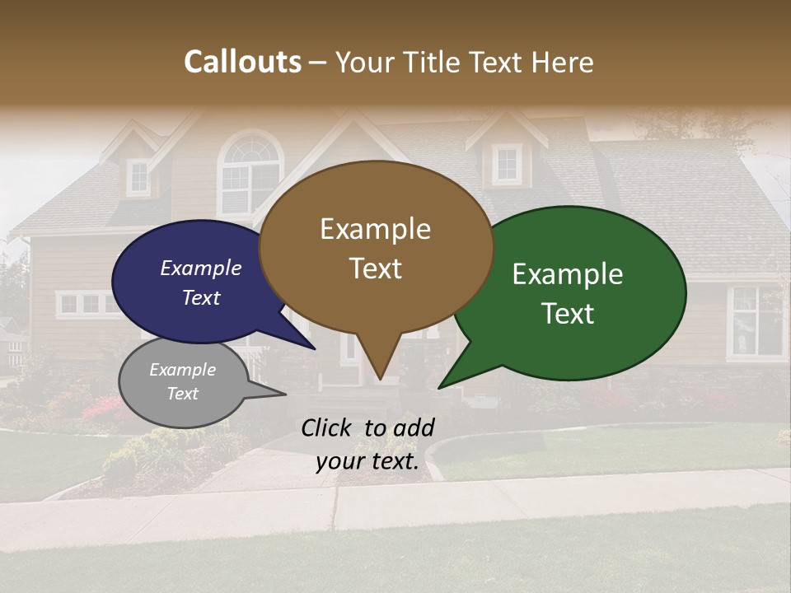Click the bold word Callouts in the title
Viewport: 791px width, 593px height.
click(x=242, y=62)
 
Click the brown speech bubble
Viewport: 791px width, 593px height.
click(x=376, y=247)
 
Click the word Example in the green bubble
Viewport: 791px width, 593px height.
click(x=568, y=274)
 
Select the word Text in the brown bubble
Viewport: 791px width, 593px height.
click(x=376, y=268)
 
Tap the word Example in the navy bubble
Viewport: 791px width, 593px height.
click(x=201, y=268)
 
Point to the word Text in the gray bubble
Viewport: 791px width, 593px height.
click(x=183, y=394)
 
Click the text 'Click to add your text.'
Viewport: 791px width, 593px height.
click(x=367, y=444)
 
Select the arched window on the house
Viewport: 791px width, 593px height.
click(x=251, y=173)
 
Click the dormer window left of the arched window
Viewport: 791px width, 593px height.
click(x=138, y=176)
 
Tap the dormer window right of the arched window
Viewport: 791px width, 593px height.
click(x=507, y=164)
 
